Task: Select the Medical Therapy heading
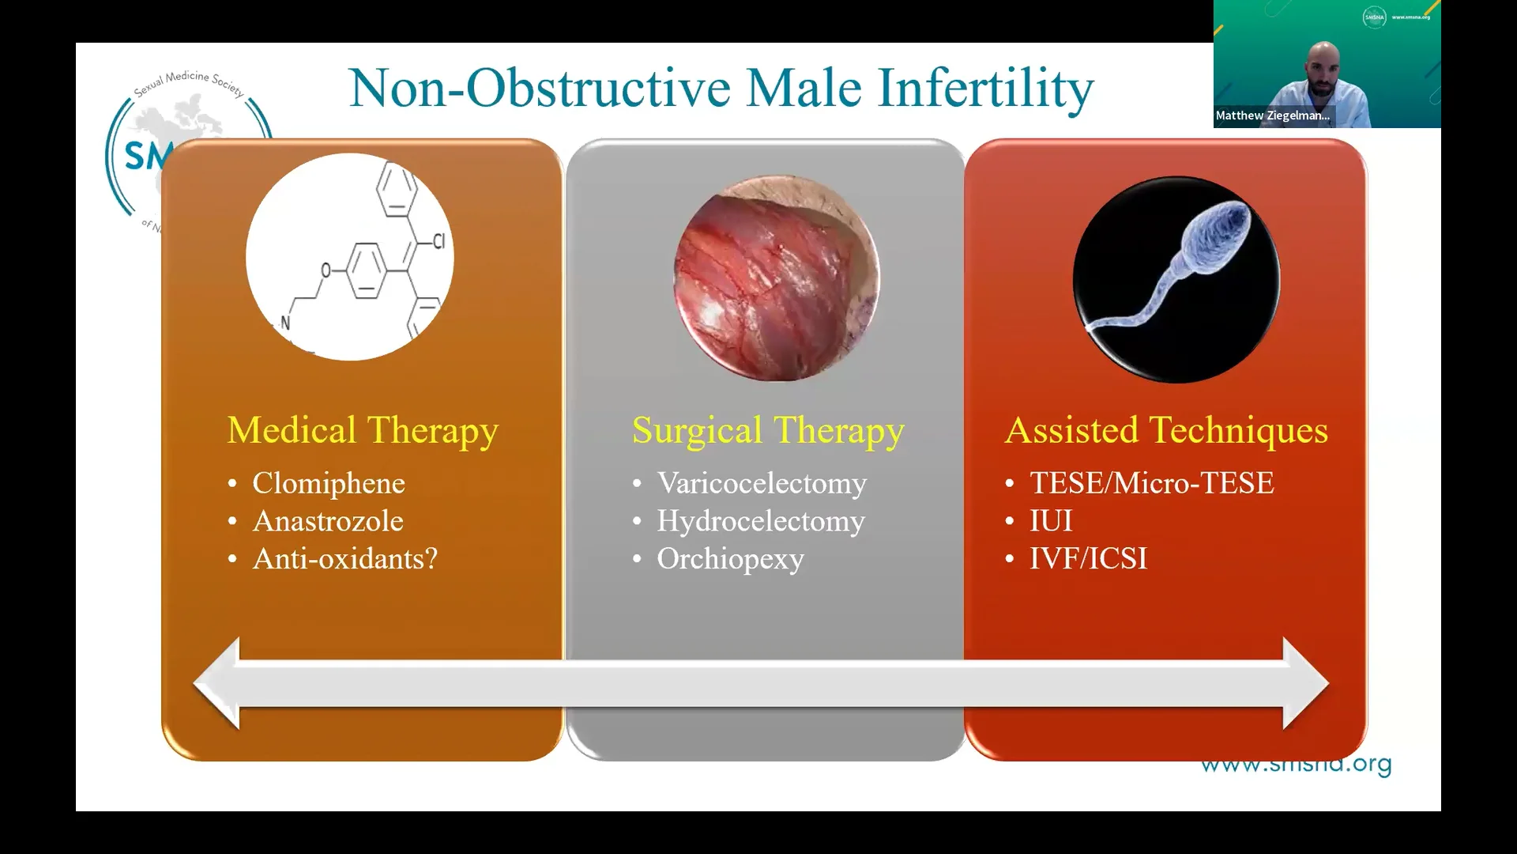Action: pos(363,431)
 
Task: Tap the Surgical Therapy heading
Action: pos(768,431)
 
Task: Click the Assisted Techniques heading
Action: pos(1166,431)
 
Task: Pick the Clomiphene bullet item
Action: pos(329,483)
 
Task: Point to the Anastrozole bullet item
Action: pos(328,521)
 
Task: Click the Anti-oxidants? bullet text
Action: pos(345,559)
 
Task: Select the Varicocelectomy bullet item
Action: pos(762,483)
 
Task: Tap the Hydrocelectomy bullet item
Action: pos(761,521)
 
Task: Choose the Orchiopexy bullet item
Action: pos(730,559)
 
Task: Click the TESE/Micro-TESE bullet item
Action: pos(1151,483)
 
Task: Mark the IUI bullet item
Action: pos(1051,521)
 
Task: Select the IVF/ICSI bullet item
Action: pos(1088,559)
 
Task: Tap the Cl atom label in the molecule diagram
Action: pos(439,241)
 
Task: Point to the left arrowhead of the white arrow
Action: pos(217,683)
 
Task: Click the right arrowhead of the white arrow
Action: pos(1305,683)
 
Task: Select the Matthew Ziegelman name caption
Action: pos(1272,115)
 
